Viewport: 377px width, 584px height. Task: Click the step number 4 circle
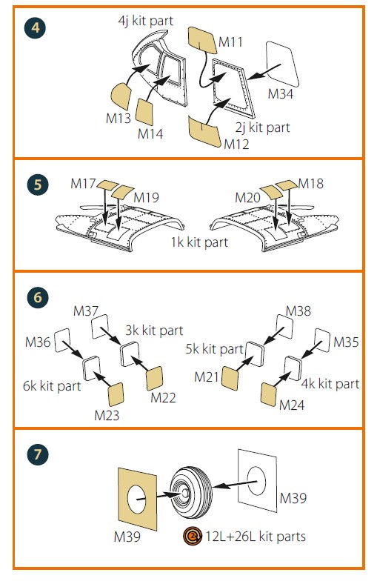[35, 27]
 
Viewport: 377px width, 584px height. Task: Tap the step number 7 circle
[38, 455]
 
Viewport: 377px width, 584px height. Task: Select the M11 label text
[230, 42]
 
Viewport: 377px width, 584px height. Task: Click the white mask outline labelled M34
[282, 64]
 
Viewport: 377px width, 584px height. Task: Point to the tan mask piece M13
[121, 96]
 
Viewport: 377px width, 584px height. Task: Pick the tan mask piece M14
[144, 112]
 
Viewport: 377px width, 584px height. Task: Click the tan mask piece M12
[204, 131]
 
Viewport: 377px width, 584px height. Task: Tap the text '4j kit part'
[145, 21]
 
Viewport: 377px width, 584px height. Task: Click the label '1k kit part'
[199, 242]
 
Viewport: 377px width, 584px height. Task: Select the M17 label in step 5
[83, 183]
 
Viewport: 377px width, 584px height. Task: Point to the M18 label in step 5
[311, 183]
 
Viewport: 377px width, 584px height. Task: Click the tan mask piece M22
[155, 378]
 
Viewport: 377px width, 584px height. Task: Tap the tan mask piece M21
[230, 379]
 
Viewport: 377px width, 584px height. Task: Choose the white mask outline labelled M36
[62, 340]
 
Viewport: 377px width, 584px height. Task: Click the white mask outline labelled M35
[322, 340]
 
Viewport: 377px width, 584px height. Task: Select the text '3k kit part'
[154, 331]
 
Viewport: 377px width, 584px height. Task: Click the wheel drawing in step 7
[191, 492]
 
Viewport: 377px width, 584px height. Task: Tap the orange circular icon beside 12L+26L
[193, 537]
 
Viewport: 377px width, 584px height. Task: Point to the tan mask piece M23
[116, 394]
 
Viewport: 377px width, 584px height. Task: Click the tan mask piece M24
[269, 394]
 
